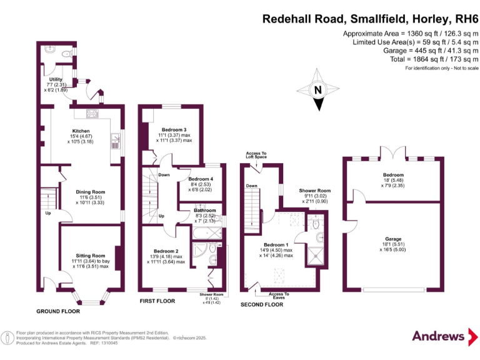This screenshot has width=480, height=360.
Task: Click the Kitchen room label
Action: coord(81,131)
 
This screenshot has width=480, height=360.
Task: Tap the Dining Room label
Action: coord(91,192)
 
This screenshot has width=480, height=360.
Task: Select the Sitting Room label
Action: coord(90,256)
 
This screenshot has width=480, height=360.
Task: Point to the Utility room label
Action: coord(56,79)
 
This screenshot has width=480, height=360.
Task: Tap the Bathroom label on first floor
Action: coord(204,211)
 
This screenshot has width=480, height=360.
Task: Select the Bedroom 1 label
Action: coord(276,244)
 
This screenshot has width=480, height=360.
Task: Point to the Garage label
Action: coord(393,239)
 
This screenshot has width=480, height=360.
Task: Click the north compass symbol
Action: coord(318,90)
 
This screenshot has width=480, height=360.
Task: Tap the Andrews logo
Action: coord(439,336)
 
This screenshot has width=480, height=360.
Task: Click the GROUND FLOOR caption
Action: coord(58,311)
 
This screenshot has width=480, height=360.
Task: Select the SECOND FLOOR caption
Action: coord(262,304)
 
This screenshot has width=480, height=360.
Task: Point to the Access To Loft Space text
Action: coord(256,155)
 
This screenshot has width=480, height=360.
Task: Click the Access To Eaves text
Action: coord(279,296)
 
